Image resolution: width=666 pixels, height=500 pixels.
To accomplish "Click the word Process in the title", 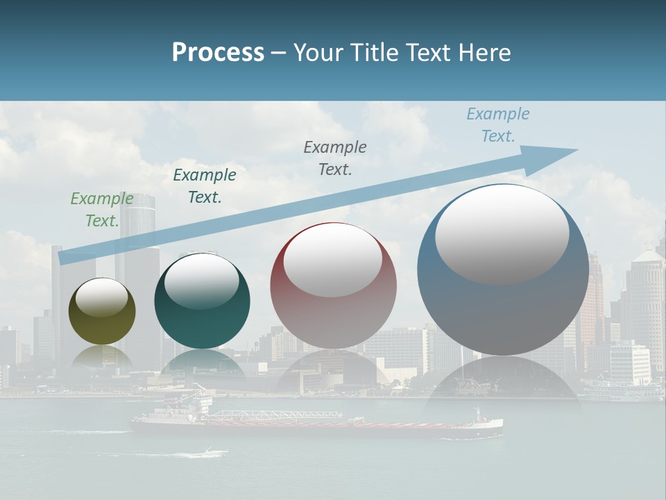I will tap(218, 53).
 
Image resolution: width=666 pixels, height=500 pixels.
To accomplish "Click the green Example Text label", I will tap(101, 210).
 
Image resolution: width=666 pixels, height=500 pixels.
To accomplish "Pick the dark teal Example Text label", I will tap(204, 186).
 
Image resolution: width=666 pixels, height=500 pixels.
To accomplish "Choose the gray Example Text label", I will tap(335, 158).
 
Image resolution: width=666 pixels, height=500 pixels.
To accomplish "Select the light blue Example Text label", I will tap(497, 125).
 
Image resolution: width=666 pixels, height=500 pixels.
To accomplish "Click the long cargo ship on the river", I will tap(316, 424).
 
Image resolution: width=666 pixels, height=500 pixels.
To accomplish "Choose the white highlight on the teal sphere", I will tap(201, 279).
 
